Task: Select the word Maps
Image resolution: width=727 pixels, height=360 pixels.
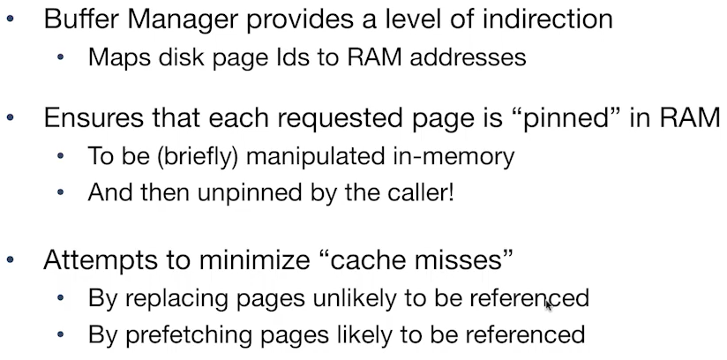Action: (x=113, y=58)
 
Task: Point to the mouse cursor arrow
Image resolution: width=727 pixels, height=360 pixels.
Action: (x=549, y=304)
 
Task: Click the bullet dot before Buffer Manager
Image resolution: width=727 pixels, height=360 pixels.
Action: (x=10, y=19)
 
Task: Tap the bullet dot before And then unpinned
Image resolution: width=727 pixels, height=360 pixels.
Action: (x=61, y=193)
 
